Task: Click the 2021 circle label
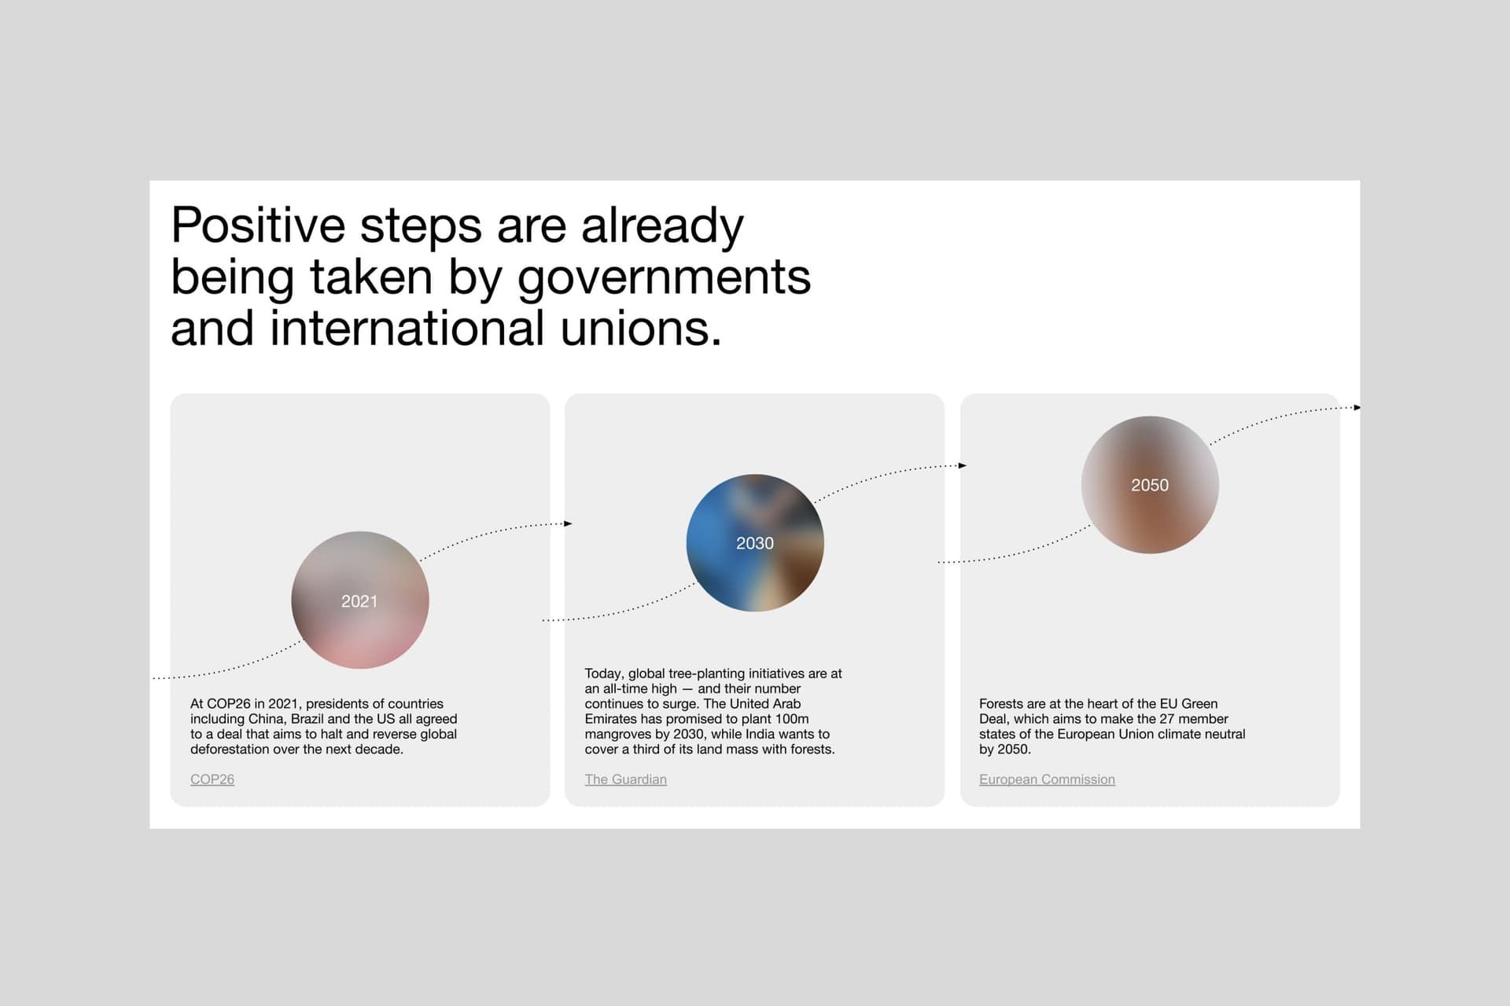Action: [x=359, y=601]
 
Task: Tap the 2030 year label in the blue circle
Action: [x=755, y=543]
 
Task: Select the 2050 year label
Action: [x=1150, y=485]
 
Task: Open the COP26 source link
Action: [x=212, y=779]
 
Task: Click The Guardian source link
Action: [x=625, y=779]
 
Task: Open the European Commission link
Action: [x=1047, y=779]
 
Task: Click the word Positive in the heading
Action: [x=258, y=226]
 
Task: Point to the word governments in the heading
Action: [x=664, y=278]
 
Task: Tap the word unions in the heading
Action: [x=640, y=329]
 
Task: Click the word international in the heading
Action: [x=407, y=329]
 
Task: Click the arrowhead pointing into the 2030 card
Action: [x=568, y=523]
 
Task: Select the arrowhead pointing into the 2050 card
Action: [x=963, y=465]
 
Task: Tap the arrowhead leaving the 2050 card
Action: [x=1357, y=407]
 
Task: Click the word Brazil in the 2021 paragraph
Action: [x=308, y=719]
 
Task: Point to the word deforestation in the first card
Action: [x=230, y=749]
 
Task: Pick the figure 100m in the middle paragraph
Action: [x=793, y=719]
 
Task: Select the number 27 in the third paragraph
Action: [x=1166, y=719]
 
